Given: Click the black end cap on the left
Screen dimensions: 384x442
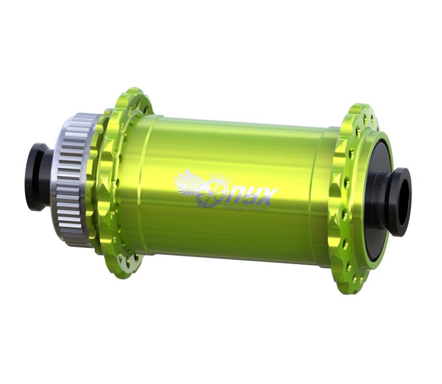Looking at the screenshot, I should tap(37, 176).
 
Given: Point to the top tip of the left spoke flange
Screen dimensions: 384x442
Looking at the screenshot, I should tap(132, 90).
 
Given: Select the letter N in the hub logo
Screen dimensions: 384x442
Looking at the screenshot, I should tap(230, 194).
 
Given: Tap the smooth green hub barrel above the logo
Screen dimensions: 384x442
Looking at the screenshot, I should tap(233, 144).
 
